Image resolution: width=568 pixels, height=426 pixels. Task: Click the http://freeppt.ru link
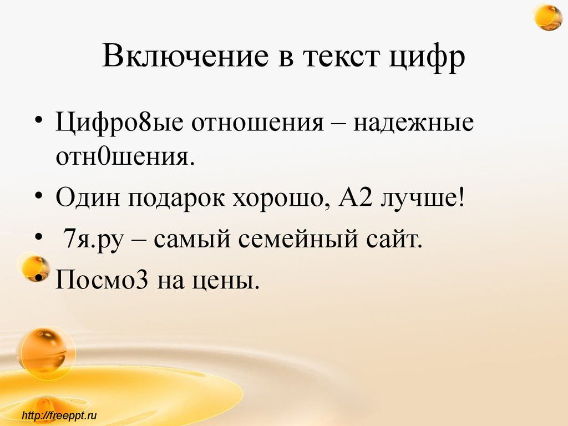point(59,414)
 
